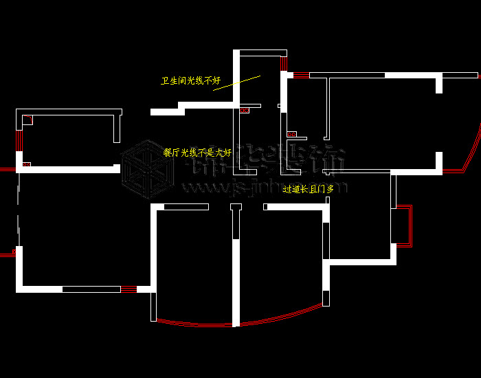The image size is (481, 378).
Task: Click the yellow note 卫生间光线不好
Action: [x=190, y=81]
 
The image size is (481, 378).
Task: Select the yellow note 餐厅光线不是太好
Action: [x=197, y=153]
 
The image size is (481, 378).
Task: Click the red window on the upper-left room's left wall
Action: [x=19, y=141]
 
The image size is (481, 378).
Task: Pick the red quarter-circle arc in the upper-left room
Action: [x=27, y=120]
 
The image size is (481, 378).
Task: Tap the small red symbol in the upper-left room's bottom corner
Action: [x=26, y=165]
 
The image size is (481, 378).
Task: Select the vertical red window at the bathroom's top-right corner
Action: [x=282, y=63]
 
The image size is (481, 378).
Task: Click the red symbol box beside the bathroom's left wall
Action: [x=244, y=110]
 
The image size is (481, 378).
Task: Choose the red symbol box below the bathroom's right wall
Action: [x=291, y=134]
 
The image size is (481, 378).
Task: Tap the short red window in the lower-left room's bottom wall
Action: [x=128, y=289]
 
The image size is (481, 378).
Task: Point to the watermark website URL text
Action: [x=261, y=187]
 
